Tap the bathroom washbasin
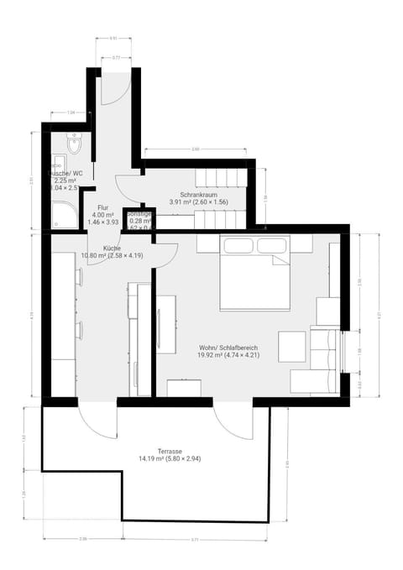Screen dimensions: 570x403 (x=60, y=164)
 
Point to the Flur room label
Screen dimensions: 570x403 (x=103, y=207)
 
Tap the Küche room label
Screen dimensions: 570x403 (x=112, y=248)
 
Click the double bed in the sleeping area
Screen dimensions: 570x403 (x=254, y=273)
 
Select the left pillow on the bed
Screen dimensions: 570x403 (x=238, y=244)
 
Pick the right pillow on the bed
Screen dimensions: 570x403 (x=273, y=244)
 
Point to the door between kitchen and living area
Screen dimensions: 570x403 (x=165, y=254)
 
